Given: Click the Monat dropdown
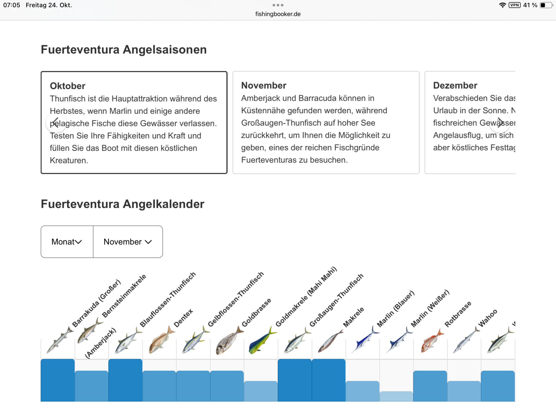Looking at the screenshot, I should (67, 242).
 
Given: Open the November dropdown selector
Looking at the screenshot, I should (128, 242).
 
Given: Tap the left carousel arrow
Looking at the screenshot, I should (56, 122).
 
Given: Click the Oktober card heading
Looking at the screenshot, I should (67, 86).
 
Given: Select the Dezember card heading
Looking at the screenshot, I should (455, 85).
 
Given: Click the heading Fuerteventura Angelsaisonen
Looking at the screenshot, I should (124, 50).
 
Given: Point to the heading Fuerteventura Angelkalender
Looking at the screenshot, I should (122, 204).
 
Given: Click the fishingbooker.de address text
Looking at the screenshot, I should (278, 14).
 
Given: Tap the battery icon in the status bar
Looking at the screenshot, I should (546, 5).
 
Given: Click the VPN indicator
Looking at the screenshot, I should (515, 5).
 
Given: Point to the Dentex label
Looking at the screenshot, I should (183, 318).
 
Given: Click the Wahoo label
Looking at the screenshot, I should (488, 318).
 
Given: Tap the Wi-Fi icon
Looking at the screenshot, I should (502, 5).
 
